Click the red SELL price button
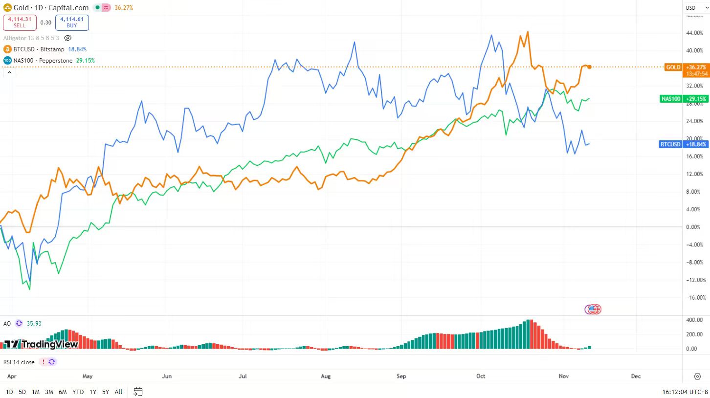[20, 22]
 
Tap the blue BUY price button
[72, 22]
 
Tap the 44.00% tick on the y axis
[694, 33]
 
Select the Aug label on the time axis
[326, 376]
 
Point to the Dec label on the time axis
[636, 376]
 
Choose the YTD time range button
[78, 392]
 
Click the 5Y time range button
[106, 392]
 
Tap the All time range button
[118, 392]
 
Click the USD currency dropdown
[691, 8]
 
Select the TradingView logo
[41, 344]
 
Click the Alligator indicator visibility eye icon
[68, 38]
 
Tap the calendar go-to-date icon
[138, 392]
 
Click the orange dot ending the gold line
[590, 67]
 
